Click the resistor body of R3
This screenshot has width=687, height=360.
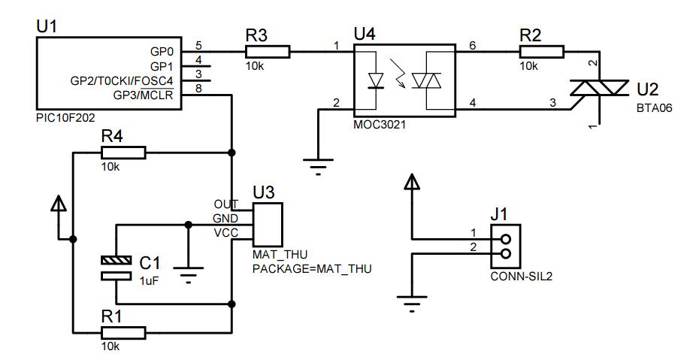coord(268,52)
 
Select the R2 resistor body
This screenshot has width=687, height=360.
coord(541,52)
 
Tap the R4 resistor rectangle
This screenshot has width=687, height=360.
coord(123,153)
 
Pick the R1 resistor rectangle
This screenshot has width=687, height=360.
coord(123,332)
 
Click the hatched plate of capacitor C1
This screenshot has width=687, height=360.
coord(116,261)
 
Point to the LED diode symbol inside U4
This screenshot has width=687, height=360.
coord(376,81)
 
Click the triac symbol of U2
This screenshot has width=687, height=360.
coord(599,88)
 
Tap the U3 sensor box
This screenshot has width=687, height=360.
coord(268,224)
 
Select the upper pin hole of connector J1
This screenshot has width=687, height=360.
coord(506,239)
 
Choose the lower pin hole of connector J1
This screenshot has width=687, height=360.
coord(506,253)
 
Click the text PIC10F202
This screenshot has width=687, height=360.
coord(65,118)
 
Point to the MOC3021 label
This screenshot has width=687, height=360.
coord(380,125)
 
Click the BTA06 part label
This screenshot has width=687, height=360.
coord(654,107)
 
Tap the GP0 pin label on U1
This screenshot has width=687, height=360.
coord(162,52)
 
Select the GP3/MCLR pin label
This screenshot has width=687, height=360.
coord(144,95)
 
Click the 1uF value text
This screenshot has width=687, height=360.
coord(149,281)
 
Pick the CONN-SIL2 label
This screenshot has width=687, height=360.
coord(521,277)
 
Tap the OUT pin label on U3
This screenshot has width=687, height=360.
coord(226,204)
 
